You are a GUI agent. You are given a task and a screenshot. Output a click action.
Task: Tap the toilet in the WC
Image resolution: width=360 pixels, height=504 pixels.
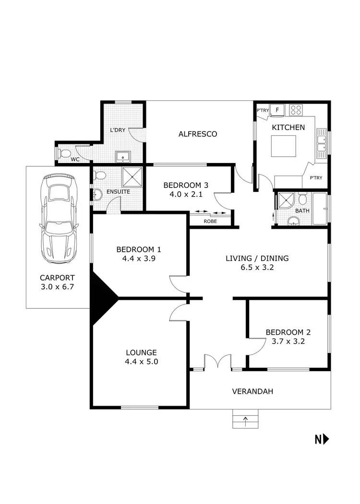pos(64,153)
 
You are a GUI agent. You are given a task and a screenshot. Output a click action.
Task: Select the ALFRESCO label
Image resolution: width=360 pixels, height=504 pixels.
pos(198,134)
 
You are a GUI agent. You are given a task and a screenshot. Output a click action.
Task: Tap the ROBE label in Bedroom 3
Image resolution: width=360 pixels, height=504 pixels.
pos(210,222)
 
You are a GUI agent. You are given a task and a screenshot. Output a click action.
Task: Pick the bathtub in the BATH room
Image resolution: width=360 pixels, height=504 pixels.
pos(319,209)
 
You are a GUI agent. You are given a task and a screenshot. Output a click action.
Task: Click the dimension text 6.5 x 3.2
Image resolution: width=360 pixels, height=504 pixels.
pos(257,268)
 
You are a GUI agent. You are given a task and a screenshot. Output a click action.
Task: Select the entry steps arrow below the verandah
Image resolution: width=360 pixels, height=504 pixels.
pos(246,422)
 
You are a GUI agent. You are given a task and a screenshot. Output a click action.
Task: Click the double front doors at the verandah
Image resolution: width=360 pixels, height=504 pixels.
pos(217,362)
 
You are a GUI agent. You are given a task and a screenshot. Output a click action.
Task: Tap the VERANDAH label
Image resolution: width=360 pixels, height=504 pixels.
pos(252,391)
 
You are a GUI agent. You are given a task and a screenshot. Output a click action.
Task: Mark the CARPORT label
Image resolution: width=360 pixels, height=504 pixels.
pos(57,278)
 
